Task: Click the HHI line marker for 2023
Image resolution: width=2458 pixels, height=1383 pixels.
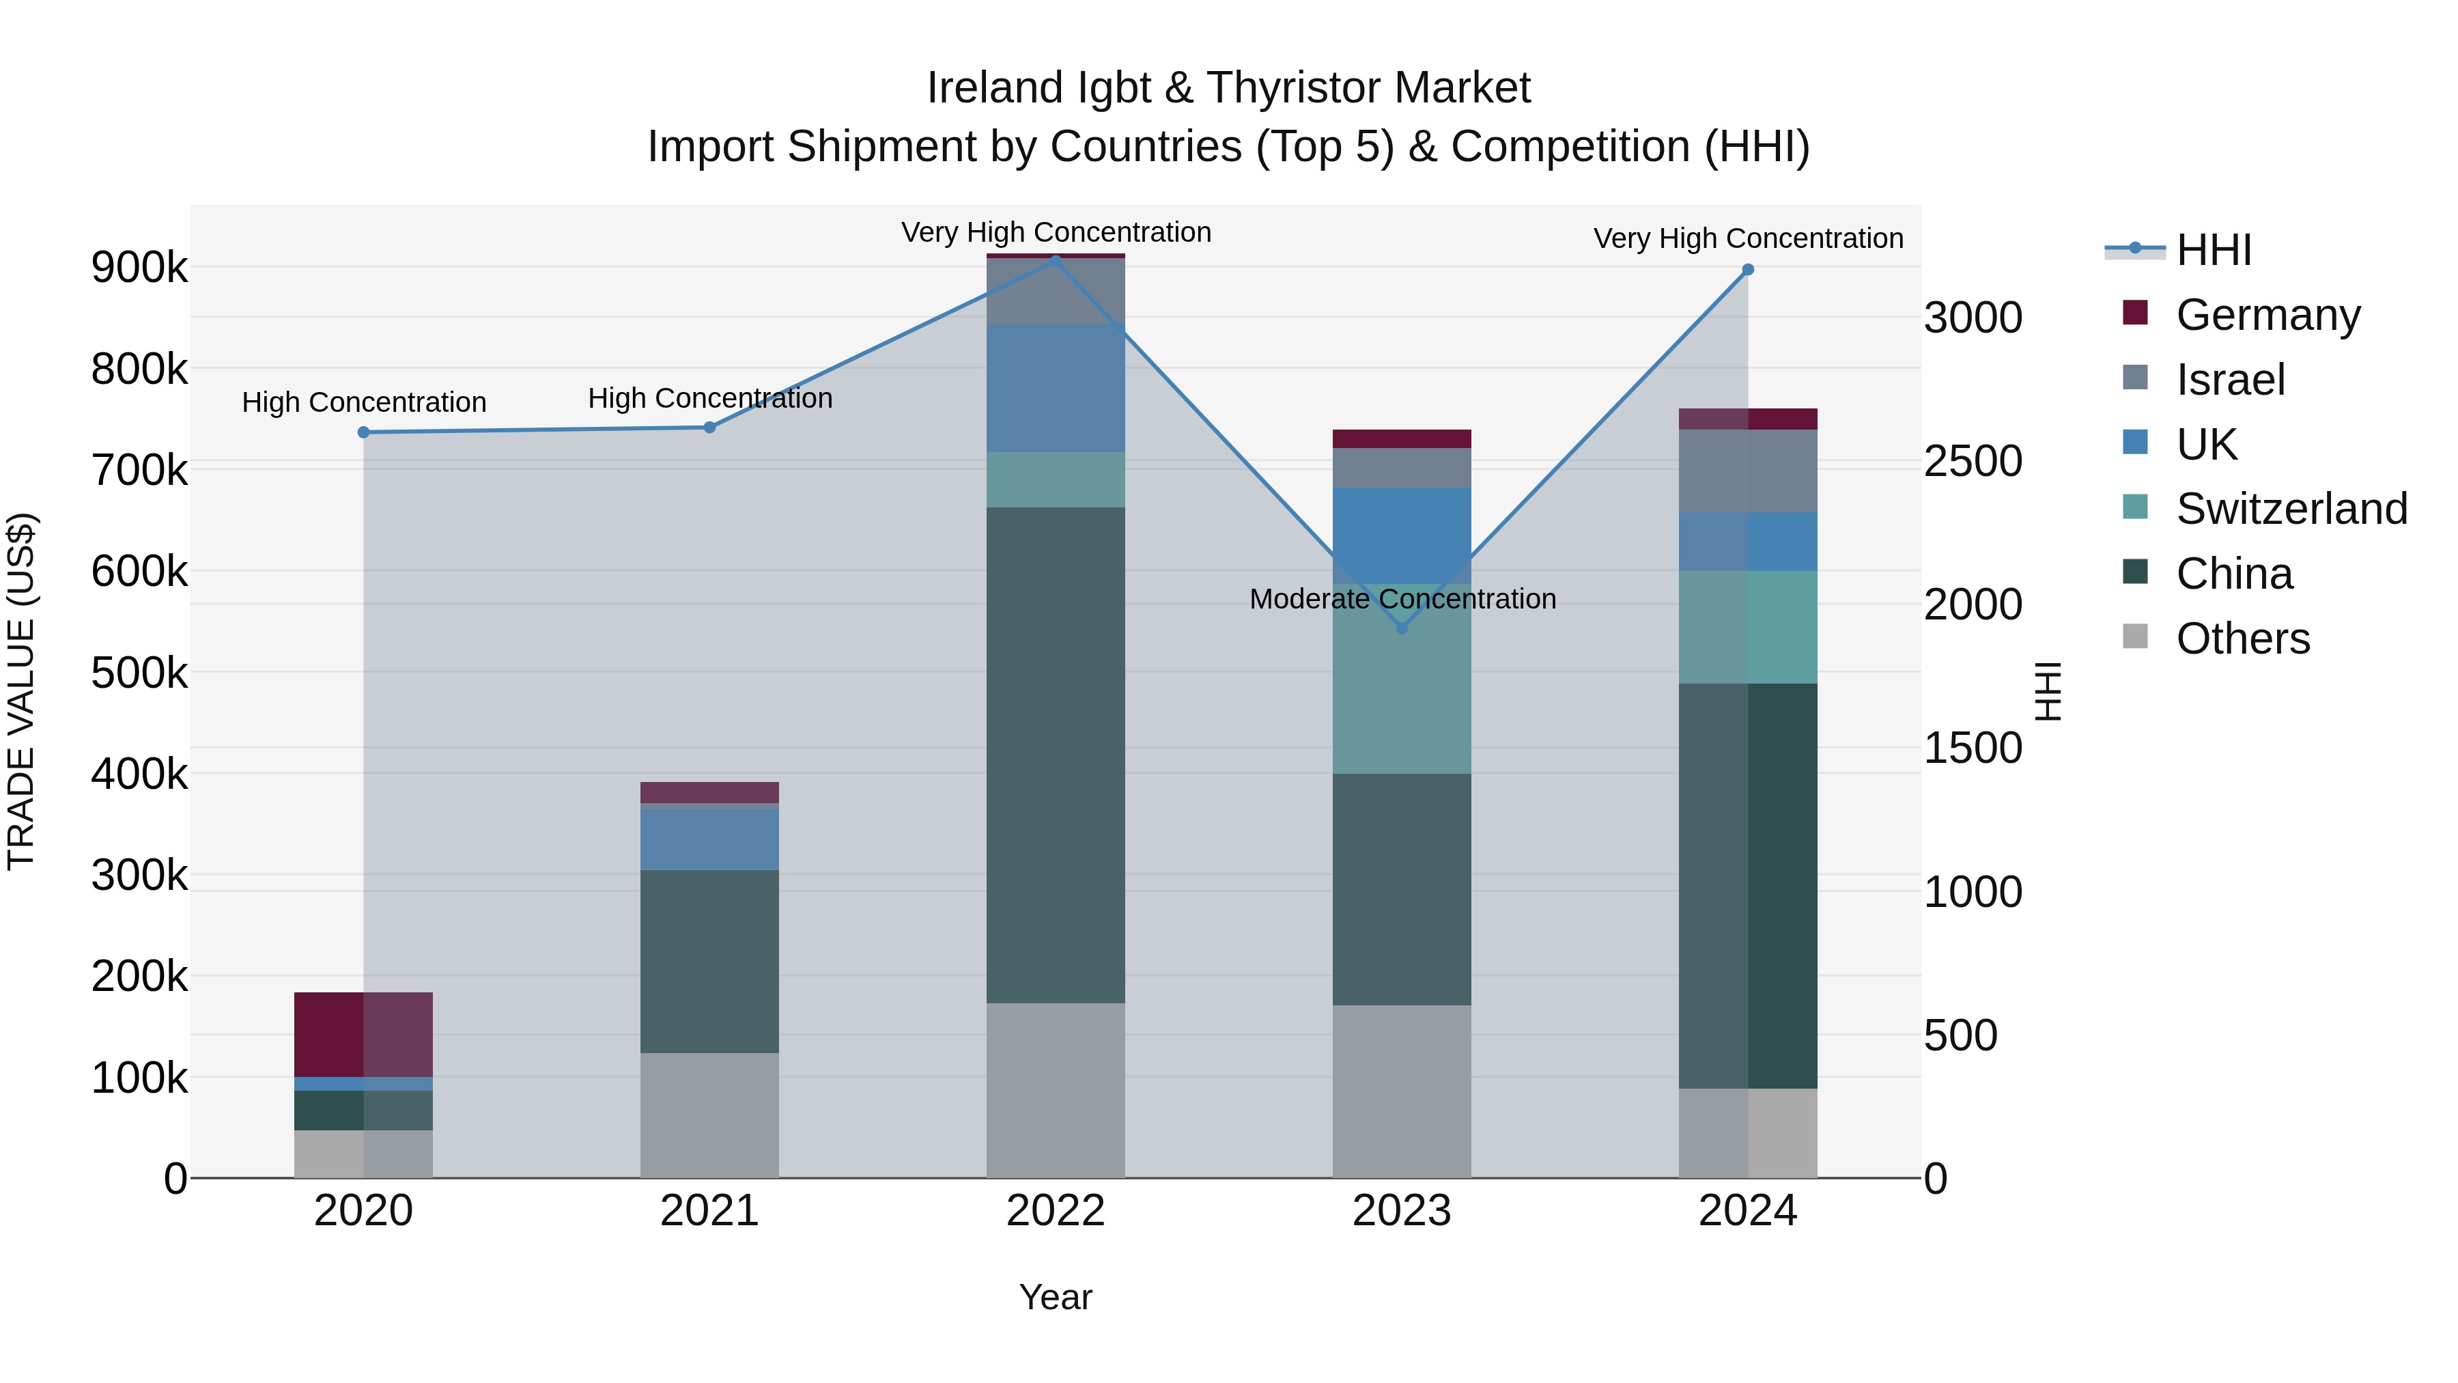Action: click(1402, 628)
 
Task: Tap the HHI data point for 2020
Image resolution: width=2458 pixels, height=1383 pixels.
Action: click(363, 432)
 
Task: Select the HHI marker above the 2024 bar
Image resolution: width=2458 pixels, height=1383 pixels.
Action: click(1748, 270)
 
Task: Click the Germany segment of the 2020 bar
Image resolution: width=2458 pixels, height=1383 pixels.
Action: click(363, 1035)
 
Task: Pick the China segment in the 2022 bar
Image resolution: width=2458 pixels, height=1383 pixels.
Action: click(1056, 754)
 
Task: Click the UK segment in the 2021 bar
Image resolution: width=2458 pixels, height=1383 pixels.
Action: click(709, 839)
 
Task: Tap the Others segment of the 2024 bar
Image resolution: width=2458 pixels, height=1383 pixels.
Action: click(1748, 1133)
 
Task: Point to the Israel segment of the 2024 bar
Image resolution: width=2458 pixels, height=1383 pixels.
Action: click(1748, 471)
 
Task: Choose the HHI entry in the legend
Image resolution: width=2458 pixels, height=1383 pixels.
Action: click(2214, 250)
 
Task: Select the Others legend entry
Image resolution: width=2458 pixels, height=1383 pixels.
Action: click(2242, 639)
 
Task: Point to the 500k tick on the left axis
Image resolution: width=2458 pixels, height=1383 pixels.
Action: click(139, 673)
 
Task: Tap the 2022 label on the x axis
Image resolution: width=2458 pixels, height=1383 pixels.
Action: click(1056, 1211)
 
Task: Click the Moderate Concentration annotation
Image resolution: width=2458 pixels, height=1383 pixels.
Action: click(1402, 598)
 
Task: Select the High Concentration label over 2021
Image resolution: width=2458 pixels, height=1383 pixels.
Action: click(709, 398)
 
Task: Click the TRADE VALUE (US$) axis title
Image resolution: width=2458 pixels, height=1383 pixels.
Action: click(21, 691)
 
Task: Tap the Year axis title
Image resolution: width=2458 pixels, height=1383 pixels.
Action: click(1056, 1297)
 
